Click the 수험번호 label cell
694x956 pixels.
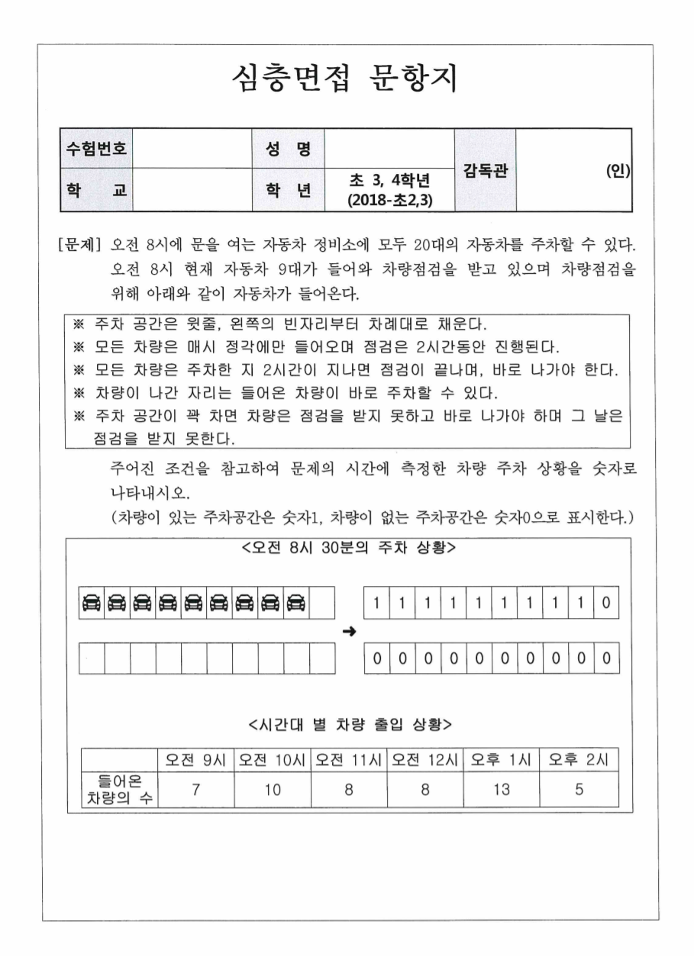95,147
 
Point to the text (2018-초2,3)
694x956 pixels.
389,199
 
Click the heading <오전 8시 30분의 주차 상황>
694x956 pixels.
348,549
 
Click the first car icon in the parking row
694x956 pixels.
91,603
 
